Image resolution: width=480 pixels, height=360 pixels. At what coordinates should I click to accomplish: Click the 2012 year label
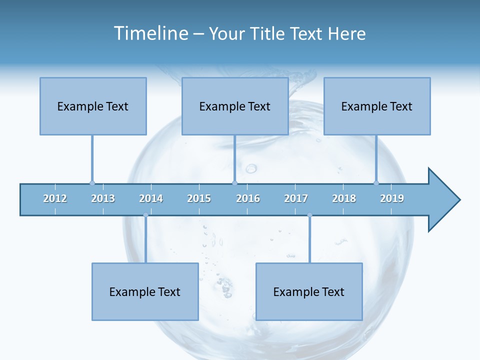55,198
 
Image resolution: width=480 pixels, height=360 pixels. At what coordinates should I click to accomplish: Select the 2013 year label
103,198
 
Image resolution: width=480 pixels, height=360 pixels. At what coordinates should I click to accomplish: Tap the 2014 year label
151,198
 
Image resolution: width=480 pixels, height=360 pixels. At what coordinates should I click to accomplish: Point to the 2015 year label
199,198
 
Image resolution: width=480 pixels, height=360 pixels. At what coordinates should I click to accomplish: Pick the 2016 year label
248,198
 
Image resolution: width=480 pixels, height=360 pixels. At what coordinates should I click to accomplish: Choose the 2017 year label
296,198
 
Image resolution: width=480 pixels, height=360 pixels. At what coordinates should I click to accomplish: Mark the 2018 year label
344,198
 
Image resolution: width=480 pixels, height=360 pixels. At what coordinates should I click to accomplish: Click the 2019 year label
392,198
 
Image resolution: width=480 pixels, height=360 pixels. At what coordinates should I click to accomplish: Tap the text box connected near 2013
93,106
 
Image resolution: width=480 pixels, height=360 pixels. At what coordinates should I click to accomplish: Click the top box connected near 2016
235,106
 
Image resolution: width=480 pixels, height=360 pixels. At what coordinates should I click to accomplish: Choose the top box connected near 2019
377,106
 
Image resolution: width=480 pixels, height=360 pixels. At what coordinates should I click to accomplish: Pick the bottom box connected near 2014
145,291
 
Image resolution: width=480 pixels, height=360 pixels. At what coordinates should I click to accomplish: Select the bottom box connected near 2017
309,291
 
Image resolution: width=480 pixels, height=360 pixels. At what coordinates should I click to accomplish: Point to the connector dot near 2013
92,183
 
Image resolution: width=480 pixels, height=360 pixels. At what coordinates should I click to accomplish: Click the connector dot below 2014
145,215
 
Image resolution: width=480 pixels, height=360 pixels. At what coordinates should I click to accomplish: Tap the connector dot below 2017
309,215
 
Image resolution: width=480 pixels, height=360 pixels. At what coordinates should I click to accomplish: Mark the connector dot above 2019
376,183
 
